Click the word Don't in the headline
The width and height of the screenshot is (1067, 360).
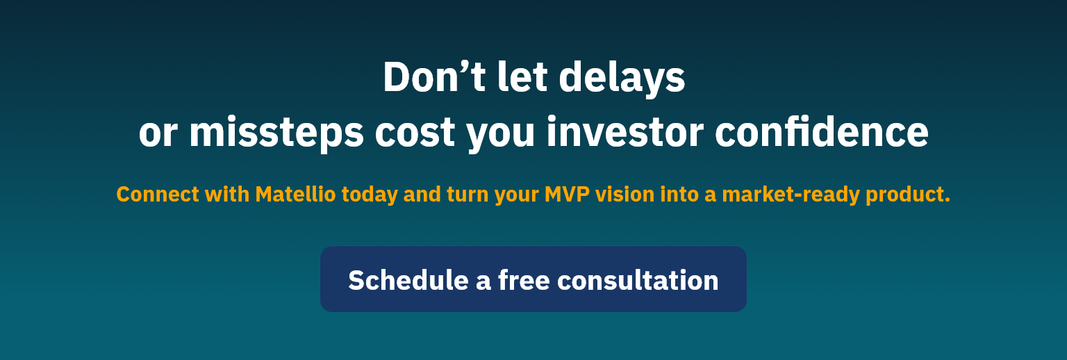[x=434, y=76]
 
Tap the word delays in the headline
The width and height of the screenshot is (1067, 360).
[x=622, y=79]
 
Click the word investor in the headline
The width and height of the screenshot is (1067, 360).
[x=625, y=131]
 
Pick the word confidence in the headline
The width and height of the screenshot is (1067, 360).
[x=821, y=131]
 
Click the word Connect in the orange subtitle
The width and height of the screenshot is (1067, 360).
[x=158, y=195]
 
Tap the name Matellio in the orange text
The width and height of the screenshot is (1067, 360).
[x=295, y=195]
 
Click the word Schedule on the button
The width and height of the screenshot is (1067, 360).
[x=408, y=280]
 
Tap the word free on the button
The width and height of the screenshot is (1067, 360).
[x=524, y=280]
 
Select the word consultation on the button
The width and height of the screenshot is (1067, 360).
[x=638, y=280]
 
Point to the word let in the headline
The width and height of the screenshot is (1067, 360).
[x=522, y=76]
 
